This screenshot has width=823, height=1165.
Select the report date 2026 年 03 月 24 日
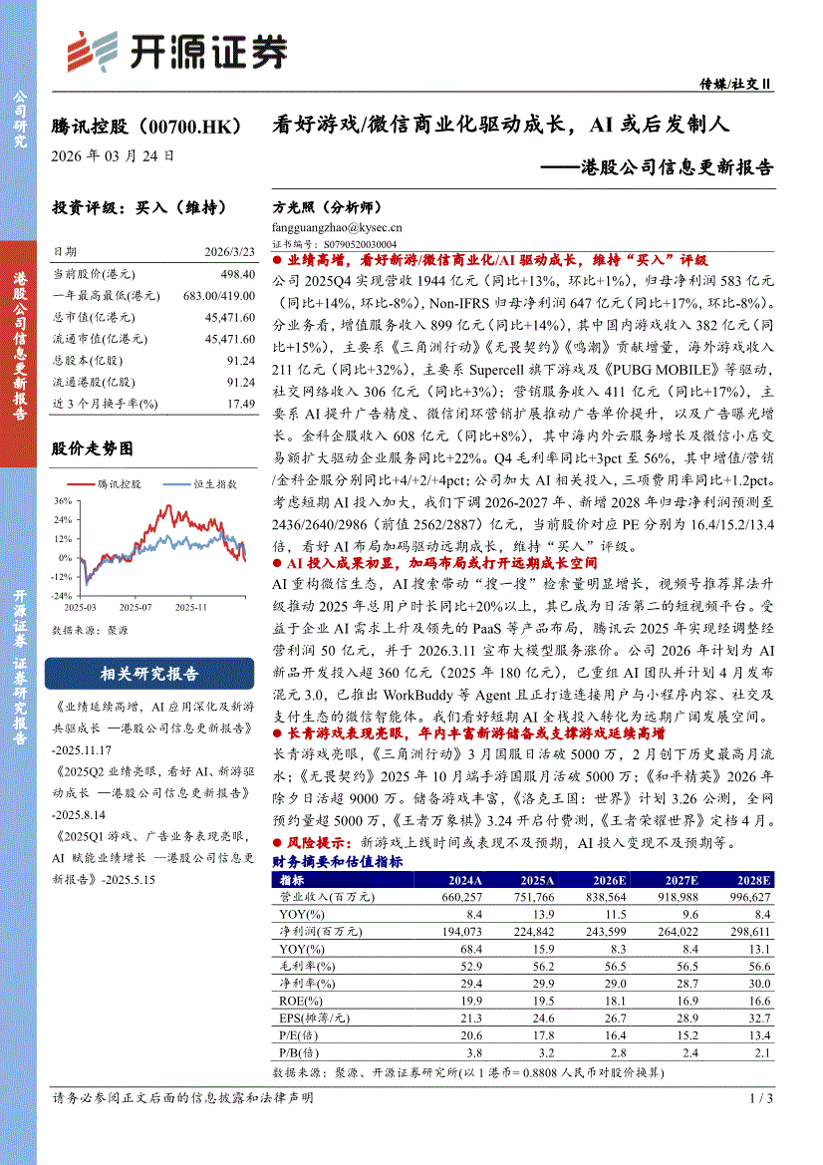pyautogui.click(x=114, y=156)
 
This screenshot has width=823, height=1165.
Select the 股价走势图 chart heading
pyautogui.click(x=92, y=449)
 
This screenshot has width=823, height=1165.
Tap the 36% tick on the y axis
pyautogui.click(x=64, y=500)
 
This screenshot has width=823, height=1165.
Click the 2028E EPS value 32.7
pyautogui.click(x=759, y=1019)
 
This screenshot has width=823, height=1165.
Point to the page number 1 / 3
pyautogui.click(x=760, y=1097)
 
